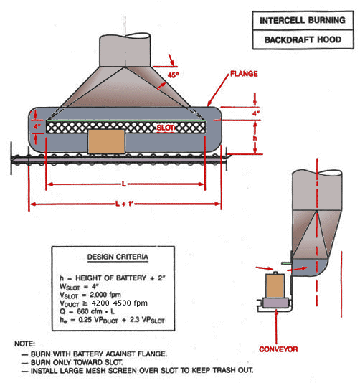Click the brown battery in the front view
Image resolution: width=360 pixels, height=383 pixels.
coord(105,141)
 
